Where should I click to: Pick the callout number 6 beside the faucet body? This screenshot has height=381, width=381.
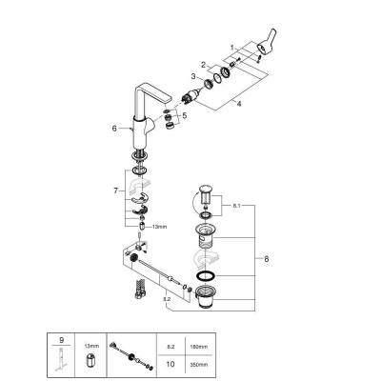(113, 127)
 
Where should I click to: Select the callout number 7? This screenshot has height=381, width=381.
(114, 190)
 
